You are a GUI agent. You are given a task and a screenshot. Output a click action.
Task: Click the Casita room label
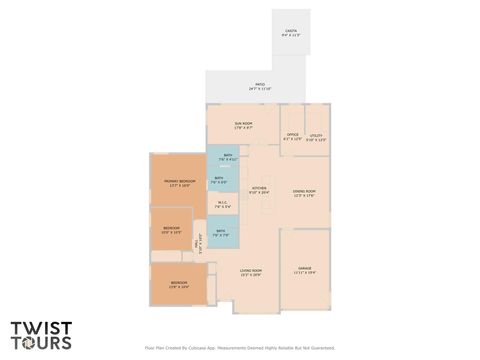290,32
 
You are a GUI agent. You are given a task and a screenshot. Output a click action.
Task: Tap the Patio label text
259,86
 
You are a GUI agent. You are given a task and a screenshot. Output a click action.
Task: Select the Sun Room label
243,125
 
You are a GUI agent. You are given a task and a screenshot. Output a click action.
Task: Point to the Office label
292,136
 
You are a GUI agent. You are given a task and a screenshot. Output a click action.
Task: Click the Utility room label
316,136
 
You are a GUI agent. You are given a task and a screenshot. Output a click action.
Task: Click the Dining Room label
304,193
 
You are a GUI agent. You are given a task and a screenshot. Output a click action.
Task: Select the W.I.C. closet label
223,205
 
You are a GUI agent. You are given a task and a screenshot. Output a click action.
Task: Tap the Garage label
304,270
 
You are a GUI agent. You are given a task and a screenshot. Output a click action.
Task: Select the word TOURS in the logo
41,343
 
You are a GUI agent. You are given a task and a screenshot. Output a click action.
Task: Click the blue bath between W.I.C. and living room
221,233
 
